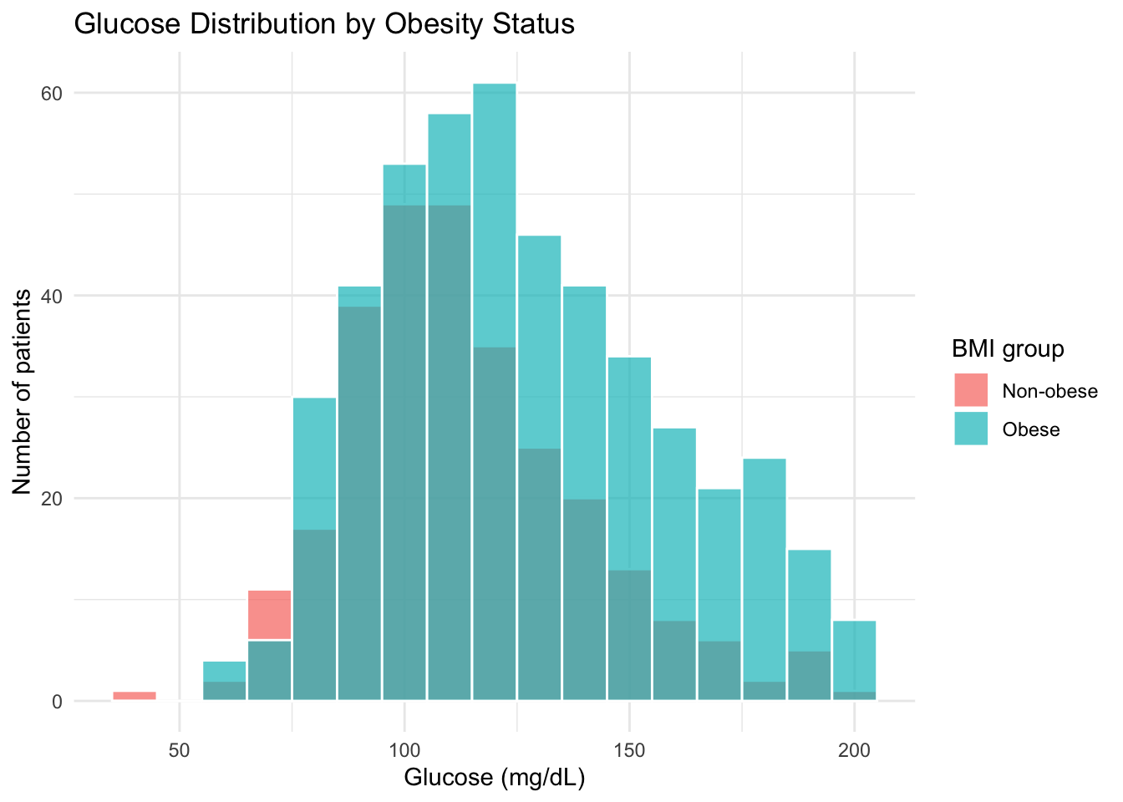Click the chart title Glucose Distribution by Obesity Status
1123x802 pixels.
point(324,23)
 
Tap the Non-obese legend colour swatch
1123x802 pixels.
point(971,390)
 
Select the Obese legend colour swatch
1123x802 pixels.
point(971,429)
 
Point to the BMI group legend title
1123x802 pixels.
point(1008,348)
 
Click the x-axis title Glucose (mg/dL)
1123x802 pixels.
point(495,778)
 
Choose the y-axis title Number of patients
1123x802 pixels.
point(23,392)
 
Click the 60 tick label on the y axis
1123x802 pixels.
point(53,93)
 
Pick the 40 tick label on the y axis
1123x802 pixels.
point(53,296)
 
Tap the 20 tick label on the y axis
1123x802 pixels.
point(53,498)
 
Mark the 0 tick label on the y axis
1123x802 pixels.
point(58,701)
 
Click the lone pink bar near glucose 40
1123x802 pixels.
point(135,696)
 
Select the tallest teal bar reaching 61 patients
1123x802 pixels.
point(494,209)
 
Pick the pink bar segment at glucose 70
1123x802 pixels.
point(269,616)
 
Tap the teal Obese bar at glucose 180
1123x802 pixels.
point(764,568)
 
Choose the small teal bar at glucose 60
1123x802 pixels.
point(224,671)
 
